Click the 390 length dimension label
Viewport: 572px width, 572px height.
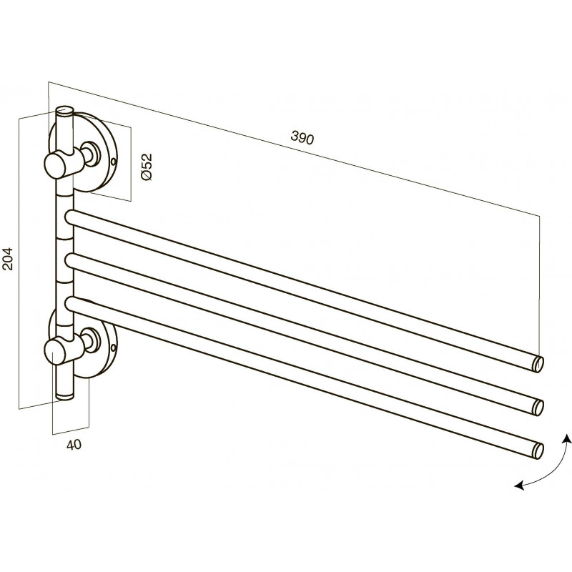coord(302,138)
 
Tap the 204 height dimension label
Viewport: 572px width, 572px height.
coord(8,259)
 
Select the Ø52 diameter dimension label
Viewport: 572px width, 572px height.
coord(147,167)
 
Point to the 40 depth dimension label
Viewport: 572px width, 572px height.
coord(74,445)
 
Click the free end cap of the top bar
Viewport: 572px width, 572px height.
coord(538,365)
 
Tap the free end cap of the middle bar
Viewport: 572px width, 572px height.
coord(538,408)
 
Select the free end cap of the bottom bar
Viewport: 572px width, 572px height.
coord(538,450)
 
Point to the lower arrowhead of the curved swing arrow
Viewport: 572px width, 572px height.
coord(519,485)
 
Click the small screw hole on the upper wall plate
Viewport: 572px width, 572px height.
coord(114,160)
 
